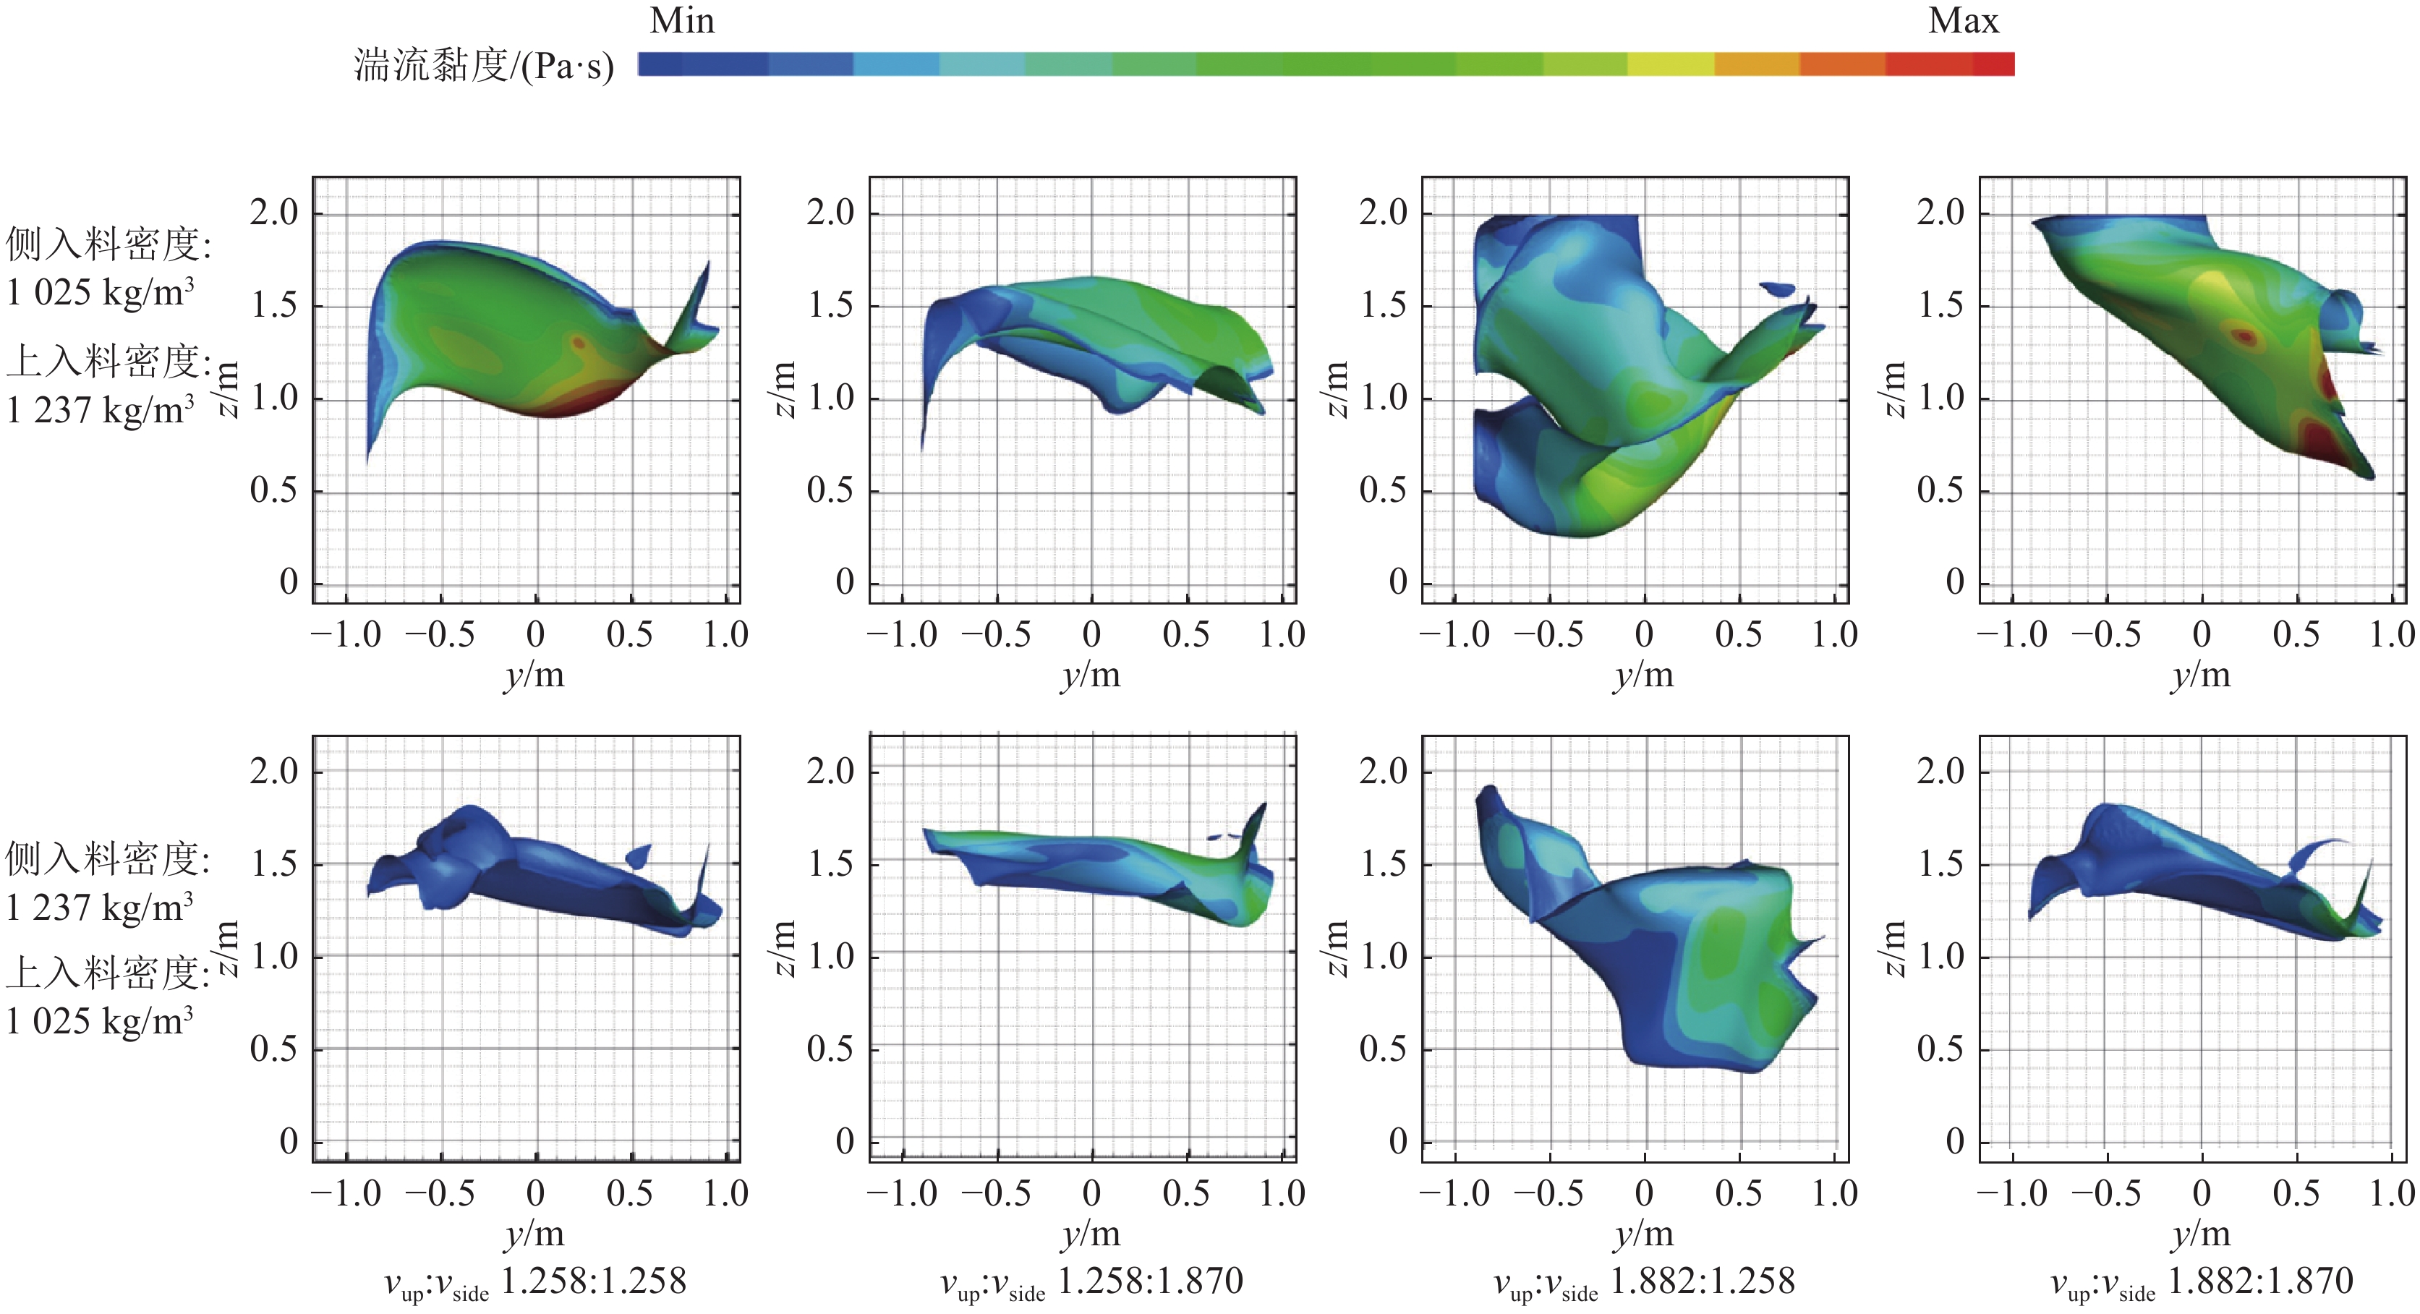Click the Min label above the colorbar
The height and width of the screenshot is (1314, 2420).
click(x=682, y=21)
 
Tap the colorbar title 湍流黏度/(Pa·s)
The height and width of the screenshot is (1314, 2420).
click(x=484, y=66)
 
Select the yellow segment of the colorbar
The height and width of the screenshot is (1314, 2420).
click(x=1670, y=64)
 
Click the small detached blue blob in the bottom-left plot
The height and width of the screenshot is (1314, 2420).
click(x=639, y=855)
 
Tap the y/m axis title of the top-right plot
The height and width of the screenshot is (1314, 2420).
click(x=2200, y=675)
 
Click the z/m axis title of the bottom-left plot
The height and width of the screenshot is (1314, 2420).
click(x=226, y=949)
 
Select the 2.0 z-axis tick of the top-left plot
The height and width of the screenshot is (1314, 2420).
click(x=273, y=213)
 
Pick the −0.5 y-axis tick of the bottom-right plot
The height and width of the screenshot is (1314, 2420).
click(x=2105, y=1194)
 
